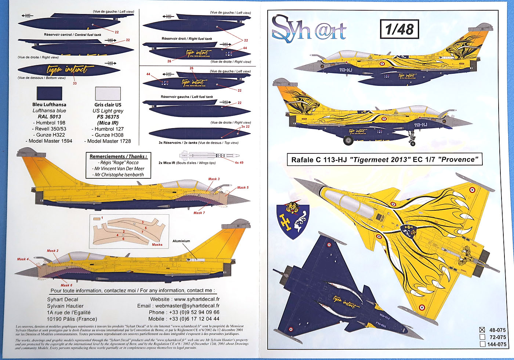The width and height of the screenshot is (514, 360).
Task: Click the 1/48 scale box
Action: click(399, 29)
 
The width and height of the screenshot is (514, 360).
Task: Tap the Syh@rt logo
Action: click(308, 29)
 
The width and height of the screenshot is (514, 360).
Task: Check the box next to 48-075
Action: click(482, 330)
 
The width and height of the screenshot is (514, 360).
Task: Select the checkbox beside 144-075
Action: click(482, 344)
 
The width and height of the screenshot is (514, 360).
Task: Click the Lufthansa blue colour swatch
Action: click(50, 94)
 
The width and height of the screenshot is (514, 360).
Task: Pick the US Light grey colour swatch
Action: click(108, 94)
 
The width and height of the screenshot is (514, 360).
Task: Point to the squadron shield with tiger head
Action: click(293, 220)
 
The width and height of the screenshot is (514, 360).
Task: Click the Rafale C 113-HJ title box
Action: click(384, 160)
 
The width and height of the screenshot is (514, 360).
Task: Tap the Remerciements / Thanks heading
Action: click(118, 156)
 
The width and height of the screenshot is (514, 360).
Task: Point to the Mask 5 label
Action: click(243, 188)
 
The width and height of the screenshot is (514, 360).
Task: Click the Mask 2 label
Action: click(53, 251)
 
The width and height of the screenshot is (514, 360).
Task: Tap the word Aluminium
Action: click(181, 241)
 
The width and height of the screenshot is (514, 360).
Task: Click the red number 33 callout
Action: click(75, 83)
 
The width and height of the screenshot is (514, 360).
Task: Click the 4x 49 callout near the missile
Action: click(239, 163)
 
